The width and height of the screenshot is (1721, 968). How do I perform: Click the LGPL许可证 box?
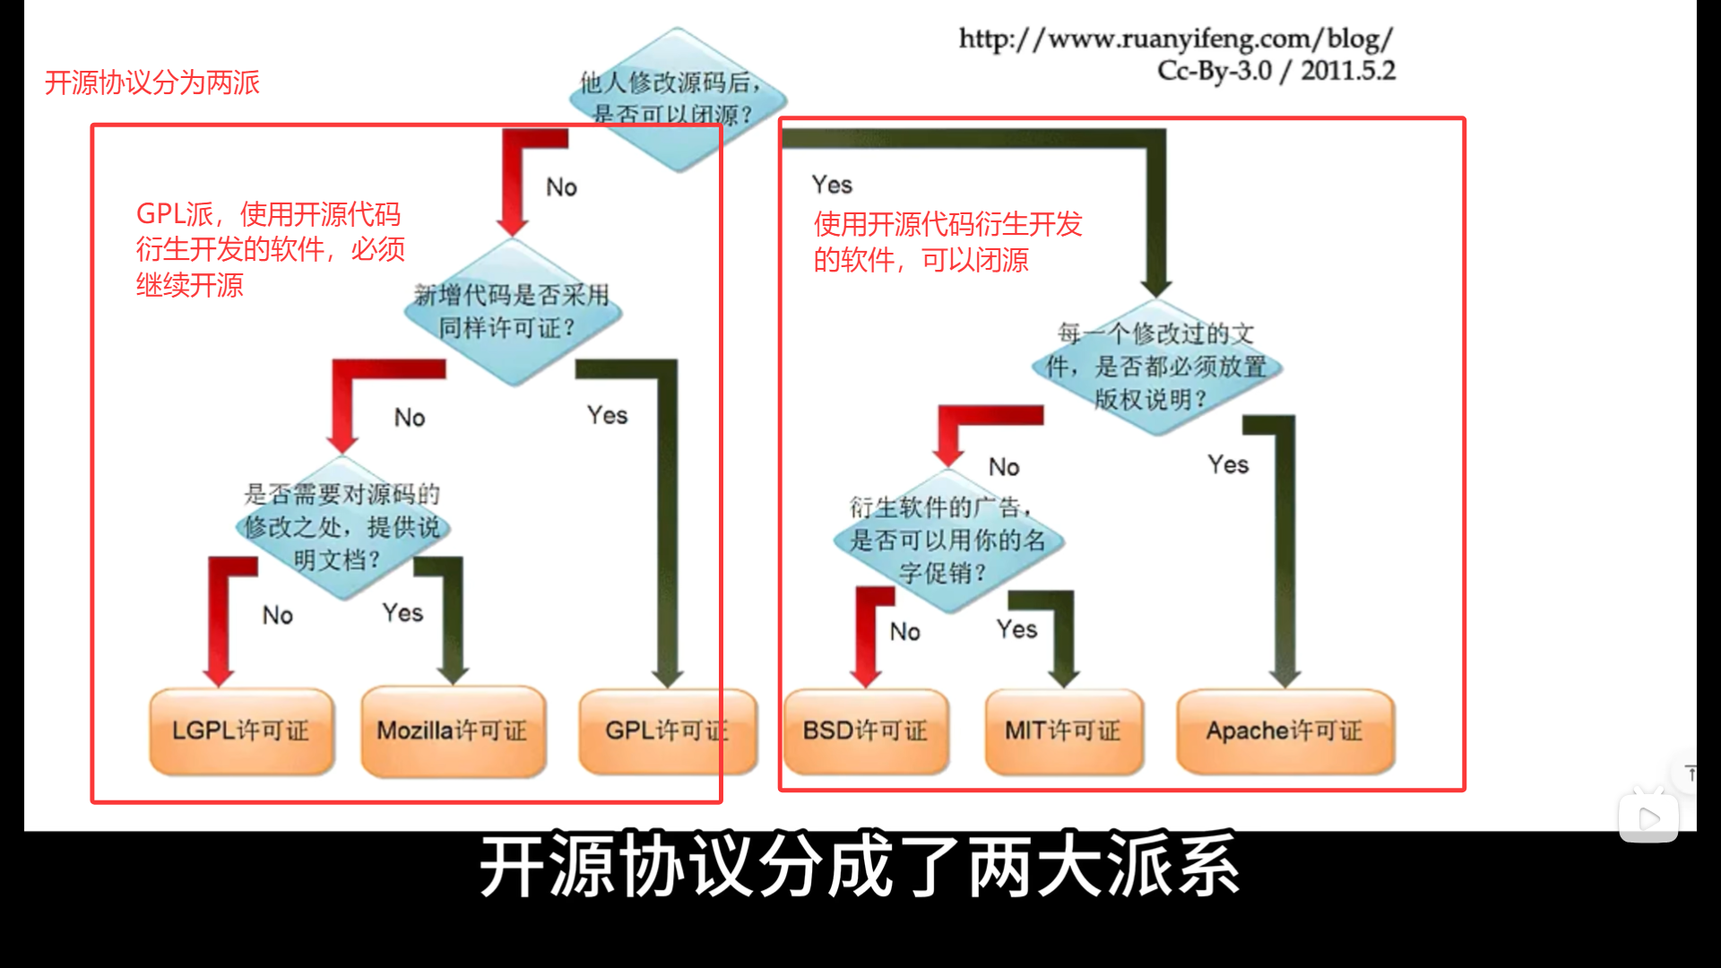click(241, 730)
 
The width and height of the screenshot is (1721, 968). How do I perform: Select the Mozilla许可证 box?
click(453, 730)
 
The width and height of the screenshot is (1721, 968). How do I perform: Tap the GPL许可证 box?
click(667, 730)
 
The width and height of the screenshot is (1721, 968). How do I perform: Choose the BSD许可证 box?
click(865, 730)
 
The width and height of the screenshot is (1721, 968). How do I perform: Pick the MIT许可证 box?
click(1063, 730)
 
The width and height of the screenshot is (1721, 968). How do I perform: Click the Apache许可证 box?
click(1284, 730)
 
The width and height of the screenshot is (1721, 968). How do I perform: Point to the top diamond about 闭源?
click(677, 99)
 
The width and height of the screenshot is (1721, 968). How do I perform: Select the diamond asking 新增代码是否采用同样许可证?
click(512, 311)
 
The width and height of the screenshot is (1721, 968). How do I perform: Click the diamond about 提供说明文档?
click(342, 527)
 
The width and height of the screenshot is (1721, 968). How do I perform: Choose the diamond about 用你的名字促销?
click(947, 540)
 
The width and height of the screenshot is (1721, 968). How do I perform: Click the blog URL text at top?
click(1176, 39)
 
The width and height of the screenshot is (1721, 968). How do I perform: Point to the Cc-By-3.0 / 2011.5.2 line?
click(1276, 71)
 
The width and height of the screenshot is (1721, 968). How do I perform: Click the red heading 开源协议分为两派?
click(151, 82)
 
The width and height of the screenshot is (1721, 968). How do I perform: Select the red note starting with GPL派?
click(270, 249)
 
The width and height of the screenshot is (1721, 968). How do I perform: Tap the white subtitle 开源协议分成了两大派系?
click(860, 866)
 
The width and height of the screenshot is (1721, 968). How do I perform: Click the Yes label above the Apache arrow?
click(1228, 464)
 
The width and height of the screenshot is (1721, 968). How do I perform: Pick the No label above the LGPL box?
click(278, 615)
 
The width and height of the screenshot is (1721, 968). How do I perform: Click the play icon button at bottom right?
click(1648, 817)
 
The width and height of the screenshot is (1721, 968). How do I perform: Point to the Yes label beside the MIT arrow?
click(1016, 629)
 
